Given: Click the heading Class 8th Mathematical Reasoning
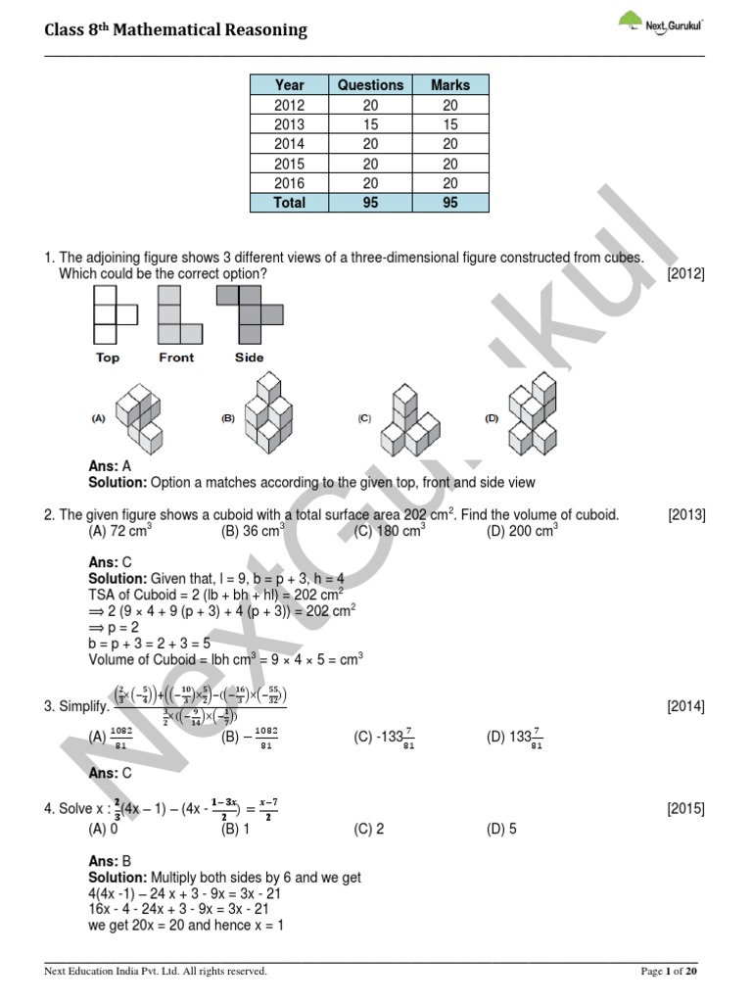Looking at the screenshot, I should point(176,30).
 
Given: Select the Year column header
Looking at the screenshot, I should point(289,85).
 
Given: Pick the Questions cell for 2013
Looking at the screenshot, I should point(370,124).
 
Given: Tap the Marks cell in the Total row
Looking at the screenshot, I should point(450,203).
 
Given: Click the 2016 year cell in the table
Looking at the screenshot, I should point(289,183).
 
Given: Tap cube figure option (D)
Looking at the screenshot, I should point(530,416).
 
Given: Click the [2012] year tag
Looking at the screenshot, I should point(685,274).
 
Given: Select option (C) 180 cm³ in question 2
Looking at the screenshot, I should point(390,532).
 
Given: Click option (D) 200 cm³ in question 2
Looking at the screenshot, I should point(522,532).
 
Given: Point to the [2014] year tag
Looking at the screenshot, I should point(685,706).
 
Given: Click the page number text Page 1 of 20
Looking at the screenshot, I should point(669,971).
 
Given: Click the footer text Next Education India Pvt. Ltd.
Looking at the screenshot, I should point(156,971).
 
